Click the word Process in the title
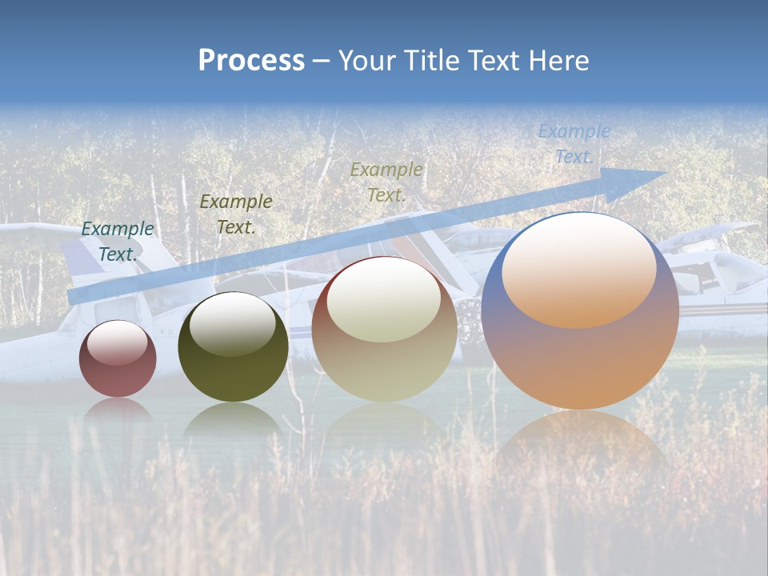point(251,61)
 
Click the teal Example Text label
point(118,242)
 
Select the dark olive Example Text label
point(235,214)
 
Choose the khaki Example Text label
point(386,182)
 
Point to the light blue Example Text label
point(574,144)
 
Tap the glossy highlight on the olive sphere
point(232,322)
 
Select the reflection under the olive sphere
point(232,420)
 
